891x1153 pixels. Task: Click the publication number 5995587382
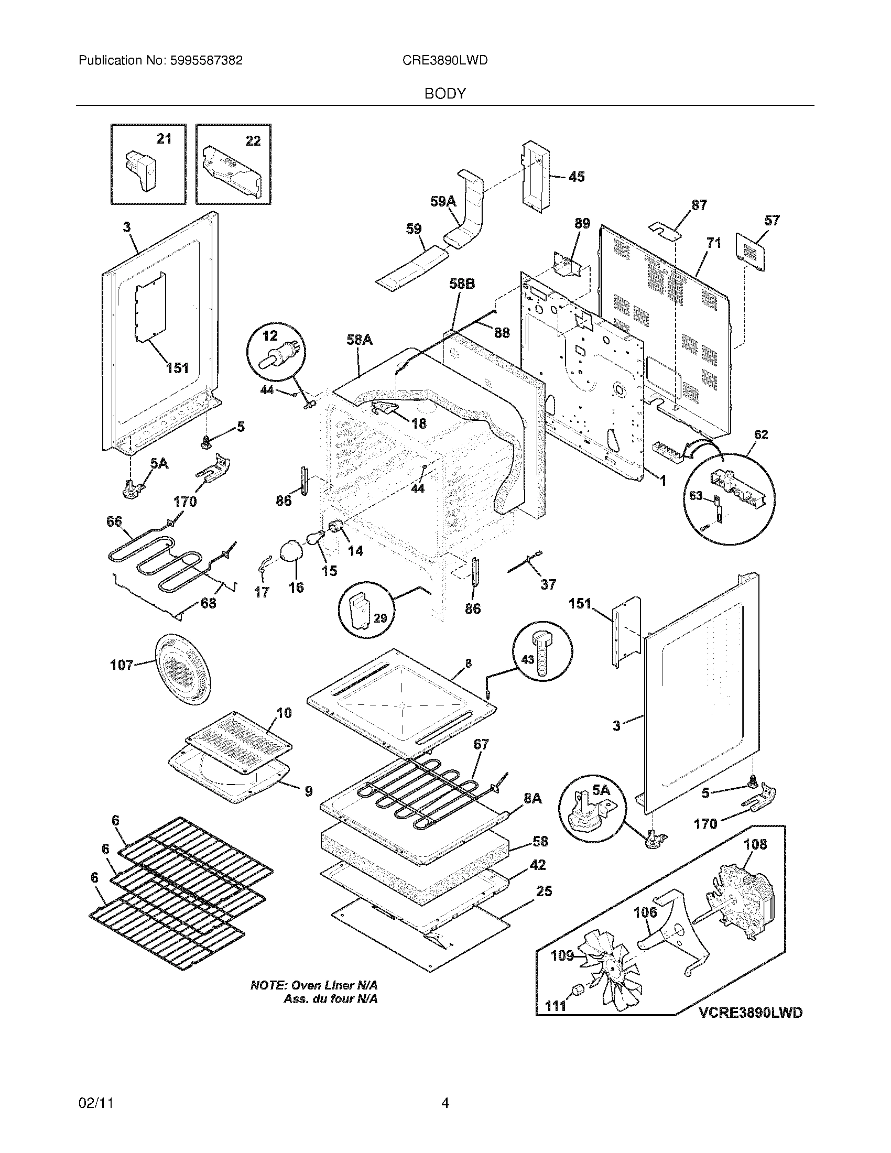[x=206, y=60]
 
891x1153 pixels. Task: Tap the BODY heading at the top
[x=445, y=94]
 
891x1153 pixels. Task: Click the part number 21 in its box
[x=164, y=139]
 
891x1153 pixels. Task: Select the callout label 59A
[x=443, y=201]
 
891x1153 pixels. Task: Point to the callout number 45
[x=577, y=176]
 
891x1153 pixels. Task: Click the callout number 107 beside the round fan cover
[x=122, y=665]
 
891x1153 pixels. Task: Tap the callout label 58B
[x=462, y=284]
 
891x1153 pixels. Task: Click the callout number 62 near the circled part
[x=760, y=434]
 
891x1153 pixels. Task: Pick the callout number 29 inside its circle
[x=380, y=618]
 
